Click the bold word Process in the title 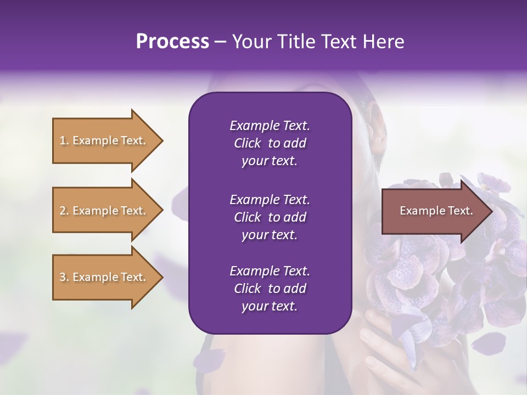pos(172,42)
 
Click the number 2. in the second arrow pos(64,211)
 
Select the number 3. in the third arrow pos(64,277)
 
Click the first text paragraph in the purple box pos(270,143)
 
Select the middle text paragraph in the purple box pos(270,217)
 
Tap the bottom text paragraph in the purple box pos(270,289)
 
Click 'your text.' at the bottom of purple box pos(270,307)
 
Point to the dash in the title pos(221,42)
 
